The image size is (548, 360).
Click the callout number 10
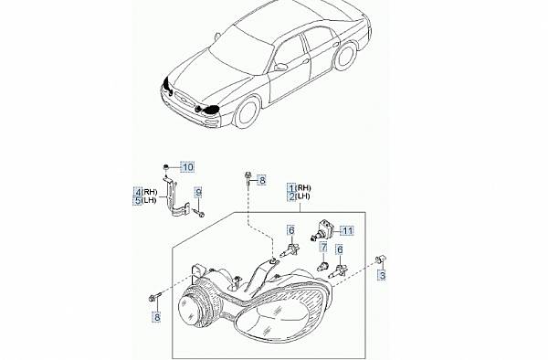[x=188, y=167]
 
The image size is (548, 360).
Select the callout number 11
[x=347, y=230]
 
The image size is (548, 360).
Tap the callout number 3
[x=383, y=275]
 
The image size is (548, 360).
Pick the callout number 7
[x=324, y=248]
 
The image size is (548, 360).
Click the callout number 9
[x=198, y=192]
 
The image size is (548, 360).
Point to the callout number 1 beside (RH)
[x=292, y=187]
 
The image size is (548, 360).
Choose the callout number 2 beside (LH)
[x=292, y=196]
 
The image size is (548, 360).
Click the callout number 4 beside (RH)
[x=138, y=192]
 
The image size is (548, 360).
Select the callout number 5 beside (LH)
[x=138, y=201]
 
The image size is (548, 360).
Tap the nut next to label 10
[x=166, y=167]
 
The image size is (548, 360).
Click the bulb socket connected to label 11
[x=323, y=229]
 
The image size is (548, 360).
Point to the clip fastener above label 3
[x=380, y=259]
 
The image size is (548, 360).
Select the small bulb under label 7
[x=322, y=266]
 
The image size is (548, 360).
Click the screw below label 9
[x=198, y=213]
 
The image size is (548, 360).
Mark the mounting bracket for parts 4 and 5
[x=175, y=197]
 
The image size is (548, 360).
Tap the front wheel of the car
[x=248, y=111]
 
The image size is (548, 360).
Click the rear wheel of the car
[x=345, y=55]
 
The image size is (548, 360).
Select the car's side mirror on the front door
[x=280, y=67]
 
